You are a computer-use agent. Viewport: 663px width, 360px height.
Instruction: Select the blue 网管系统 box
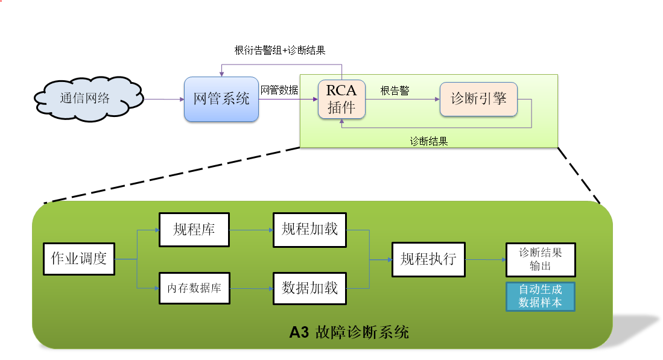point(221,99)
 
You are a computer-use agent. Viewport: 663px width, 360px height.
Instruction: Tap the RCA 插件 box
point(341,99)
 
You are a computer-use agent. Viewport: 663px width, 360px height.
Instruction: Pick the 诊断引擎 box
point(478,99)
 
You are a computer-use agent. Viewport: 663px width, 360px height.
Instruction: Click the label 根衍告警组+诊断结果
point(280,51)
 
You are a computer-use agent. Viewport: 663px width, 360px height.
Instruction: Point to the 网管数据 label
point(279,90)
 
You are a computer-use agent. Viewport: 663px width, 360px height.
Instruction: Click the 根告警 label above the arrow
point(395,90)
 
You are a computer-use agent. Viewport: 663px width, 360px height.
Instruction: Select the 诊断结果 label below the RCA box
point(428,141)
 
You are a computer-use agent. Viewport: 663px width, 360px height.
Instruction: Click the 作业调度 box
point(79,259)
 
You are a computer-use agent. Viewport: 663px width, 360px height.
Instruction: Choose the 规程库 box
point(194,229)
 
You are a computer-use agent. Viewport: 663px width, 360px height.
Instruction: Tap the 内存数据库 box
point(194,288)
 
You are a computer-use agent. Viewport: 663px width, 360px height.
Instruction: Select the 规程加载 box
point(310,229)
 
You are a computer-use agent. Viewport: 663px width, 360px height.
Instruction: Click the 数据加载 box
point(310,288)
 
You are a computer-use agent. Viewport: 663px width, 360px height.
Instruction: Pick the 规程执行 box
point(428,259)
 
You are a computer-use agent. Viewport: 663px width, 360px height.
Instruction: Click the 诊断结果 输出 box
point(541,259)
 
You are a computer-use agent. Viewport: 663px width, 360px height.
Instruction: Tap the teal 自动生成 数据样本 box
point(541,296)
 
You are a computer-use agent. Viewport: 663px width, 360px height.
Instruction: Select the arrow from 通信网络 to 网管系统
point(163,99)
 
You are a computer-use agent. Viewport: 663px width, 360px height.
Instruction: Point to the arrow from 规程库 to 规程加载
point(251,229)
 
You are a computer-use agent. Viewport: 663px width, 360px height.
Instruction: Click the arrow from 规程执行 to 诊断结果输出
point(485,260)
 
